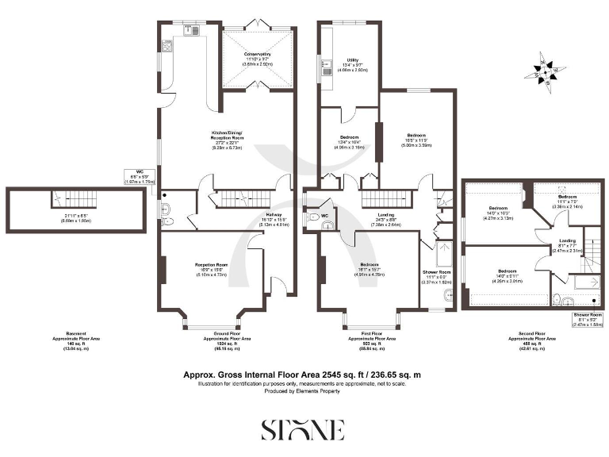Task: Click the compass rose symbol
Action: click(546, 71)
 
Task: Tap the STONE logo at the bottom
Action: click(304, 430)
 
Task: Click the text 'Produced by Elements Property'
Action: click(304, 391)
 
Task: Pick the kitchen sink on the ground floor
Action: click(190, 32)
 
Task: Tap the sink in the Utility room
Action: click(324, 70)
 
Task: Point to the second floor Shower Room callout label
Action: click(588, 319)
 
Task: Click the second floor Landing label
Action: click(568, 244)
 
